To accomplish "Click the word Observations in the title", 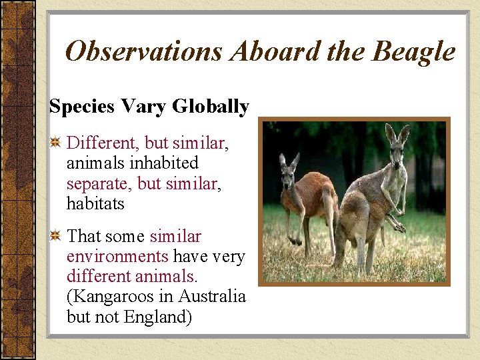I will click(143, 51).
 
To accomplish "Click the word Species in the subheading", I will click(75, 107).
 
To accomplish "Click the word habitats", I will click(95, 203).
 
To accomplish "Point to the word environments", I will click(117, 257).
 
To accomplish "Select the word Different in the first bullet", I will click(101, 143).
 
